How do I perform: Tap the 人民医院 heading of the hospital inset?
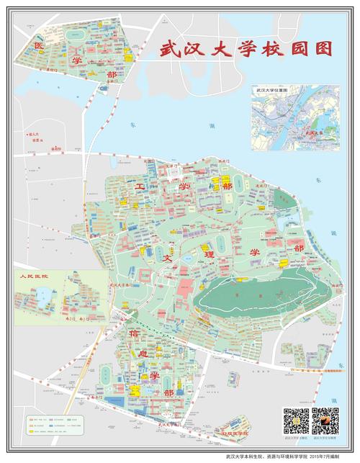(x=33, y=276)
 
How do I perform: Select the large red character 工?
(x=140, y=187)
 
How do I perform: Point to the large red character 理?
(x=210, y=255)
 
